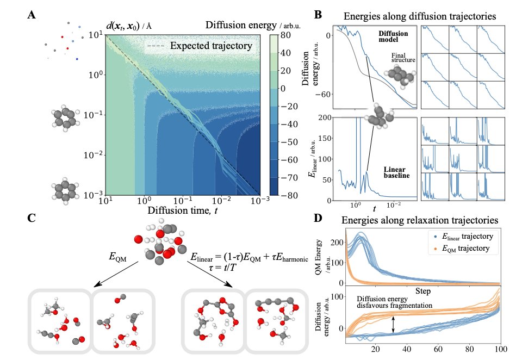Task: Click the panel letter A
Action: (32, 15)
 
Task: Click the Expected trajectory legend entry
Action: (211, 46)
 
